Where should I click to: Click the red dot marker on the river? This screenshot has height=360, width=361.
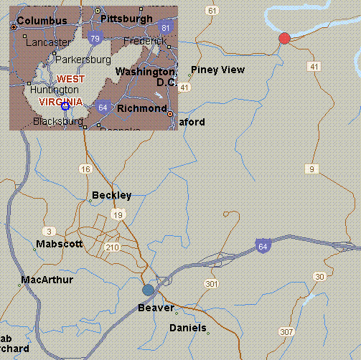[x=284, y=38]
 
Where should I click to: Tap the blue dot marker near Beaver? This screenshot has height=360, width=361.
[x=149, y=290]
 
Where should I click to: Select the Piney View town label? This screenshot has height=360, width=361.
[x=217, y=70]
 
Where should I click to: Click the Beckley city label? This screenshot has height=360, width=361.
[x=112, y=195]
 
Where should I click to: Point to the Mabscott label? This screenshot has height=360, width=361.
[x=60, y=244]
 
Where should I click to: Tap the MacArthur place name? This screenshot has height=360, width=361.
[x=47, y=279]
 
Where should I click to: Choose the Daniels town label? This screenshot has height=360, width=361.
[x=187, y=328]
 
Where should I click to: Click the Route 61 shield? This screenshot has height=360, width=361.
[x=211, y=10]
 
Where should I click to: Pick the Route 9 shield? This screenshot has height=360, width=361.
[x=311, y=169]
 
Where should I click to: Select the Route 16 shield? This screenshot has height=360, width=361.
[x=86, y=169]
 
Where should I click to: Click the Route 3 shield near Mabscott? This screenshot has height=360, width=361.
[x=50, y=231]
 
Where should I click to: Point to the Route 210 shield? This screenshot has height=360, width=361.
[x=112, y=247]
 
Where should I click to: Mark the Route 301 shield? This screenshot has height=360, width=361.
[x=211, y=285]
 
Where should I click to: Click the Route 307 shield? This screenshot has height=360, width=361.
[x=287, y=332]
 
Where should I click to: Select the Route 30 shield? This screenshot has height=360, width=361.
[x=320, y=277]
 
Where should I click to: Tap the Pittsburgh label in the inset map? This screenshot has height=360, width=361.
[x=127, y=18]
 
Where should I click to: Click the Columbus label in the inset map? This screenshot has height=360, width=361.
[x=42, y=22]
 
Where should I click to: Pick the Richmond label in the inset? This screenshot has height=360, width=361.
[x=141, y=108]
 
